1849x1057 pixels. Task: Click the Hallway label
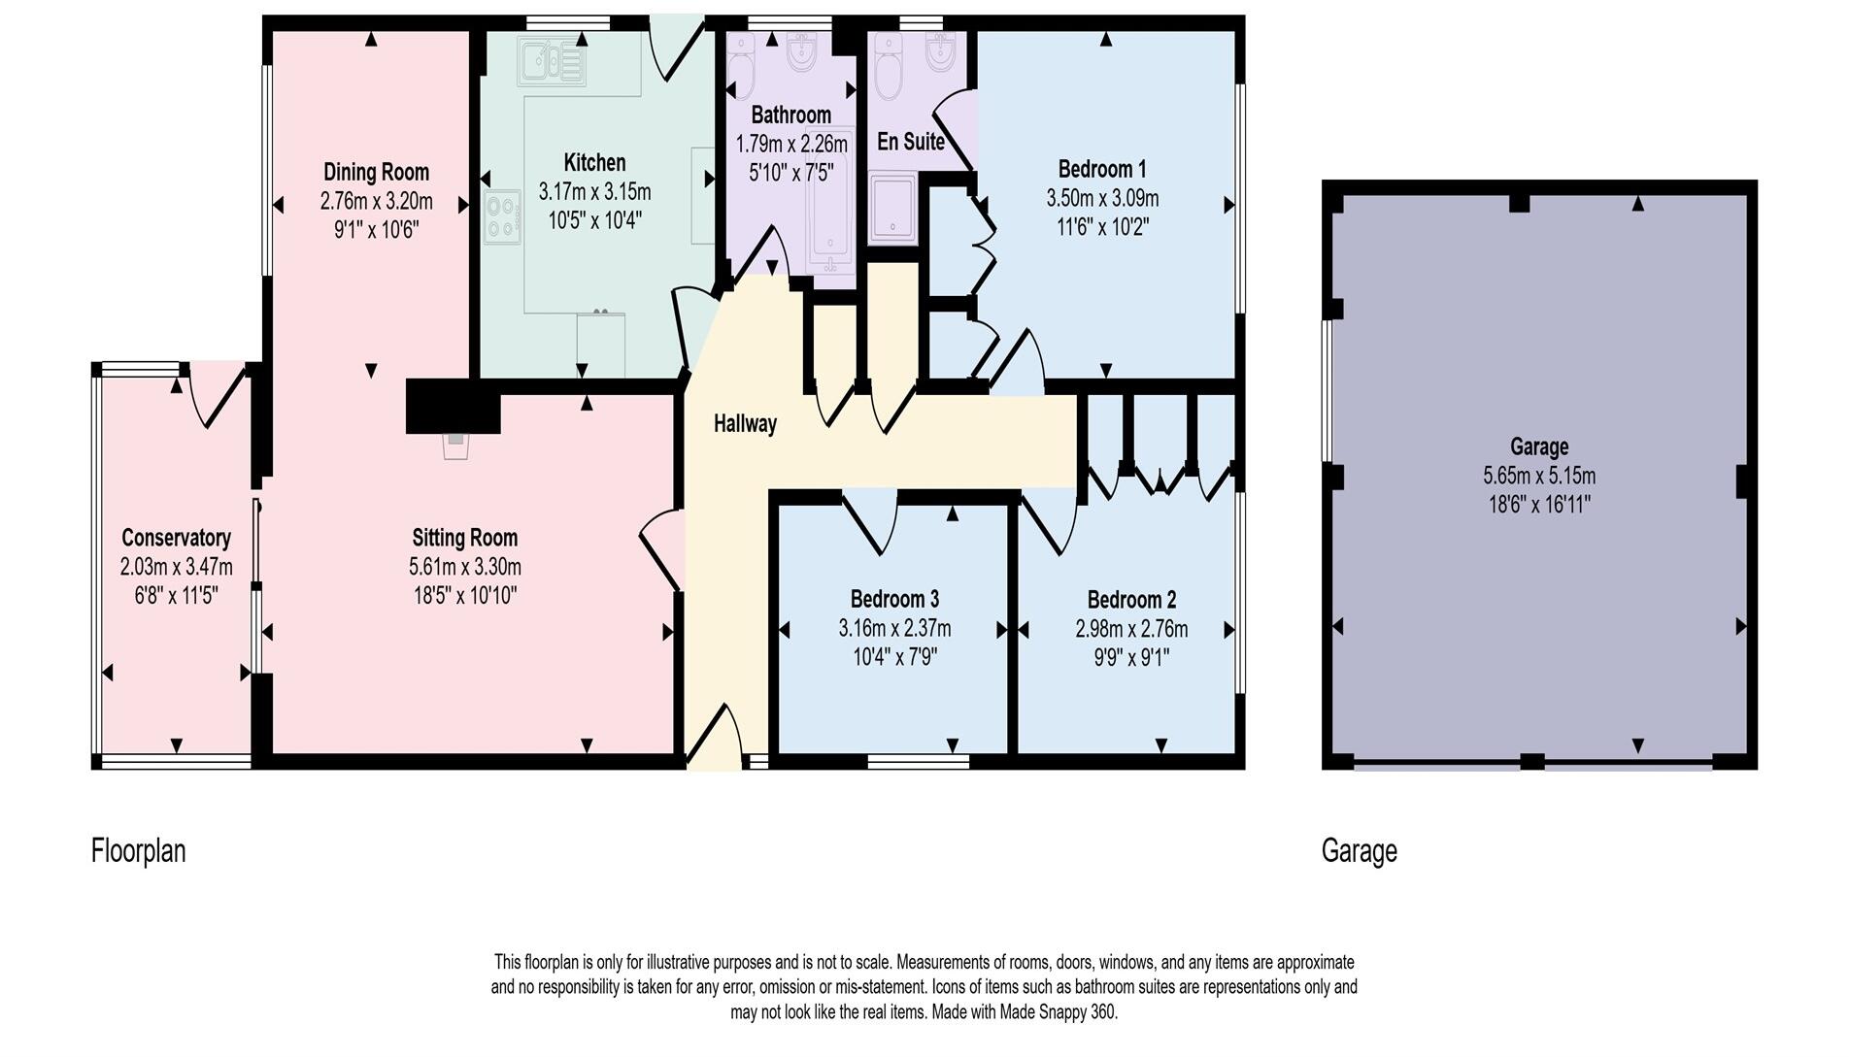745,424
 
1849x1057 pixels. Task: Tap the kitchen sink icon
551,61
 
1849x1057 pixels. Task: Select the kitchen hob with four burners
502,217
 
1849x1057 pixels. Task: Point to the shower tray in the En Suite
891,207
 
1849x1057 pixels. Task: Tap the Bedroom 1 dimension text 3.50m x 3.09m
1102,199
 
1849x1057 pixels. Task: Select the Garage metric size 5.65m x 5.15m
1539,477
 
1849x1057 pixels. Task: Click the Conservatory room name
176,538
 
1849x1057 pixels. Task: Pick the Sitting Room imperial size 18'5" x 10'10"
464,595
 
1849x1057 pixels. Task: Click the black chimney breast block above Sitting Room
452,406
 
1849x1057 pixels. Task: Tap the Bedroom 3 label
894,599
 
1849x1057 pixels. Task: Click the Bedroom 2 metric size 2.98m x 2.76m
1131,629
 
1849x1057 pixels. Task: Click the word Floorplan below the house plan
138,851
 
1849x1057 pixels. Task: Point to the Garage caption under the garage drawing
1359,851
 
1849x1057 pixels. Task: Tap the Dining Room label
376,173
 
